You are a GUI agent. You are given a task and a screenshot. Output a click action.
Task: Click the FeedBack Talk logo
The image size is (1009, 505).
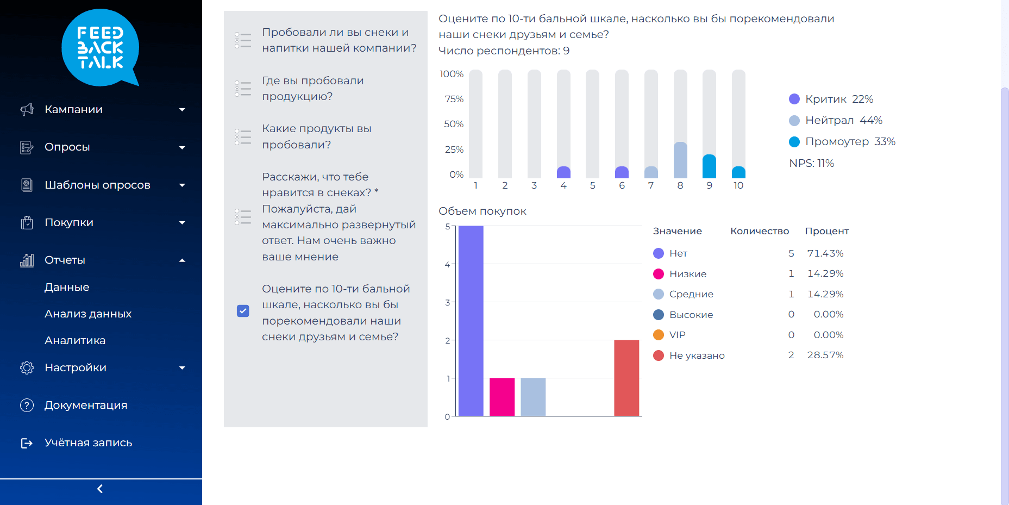(101, 48)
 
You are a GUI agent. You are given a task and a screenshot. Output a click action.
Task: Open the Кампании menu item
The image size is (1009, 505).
(73, 109)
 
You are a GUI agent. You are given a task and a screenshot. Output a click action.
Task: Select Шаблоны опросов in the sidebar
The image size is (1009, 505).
(97, 185)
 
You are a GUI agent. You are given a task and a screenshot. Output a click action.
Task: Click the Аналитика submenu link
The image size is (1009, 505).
(75, 340)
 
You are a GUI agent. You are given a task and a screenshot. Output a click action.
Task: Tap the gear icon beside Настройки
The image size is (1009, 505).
(27, 367)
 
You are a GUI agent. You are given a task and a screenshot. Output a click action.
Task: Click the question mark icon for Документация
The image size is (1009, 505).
(27, 405)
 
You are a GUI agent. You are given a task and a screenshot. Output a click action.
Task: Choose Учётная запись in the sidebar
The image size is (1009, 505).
(88, 442)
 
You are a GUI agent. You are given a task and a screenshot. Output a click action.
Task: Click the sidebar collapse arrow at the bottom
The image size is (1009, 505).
(100, 489)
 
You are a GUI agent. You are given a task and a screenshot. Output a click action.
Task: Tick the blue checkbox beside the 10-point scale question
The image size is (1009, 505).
(243, 311)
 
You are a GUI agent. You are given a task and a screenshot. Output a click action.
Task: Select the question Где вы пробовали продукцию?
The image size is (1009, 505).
(313, 89)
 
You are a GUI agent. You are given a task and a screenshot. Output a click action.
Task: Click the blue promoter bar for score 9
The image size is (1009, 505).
(709, 167)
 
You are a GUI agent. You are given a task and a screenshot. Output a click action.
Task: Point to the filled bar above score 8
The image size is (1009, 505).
(680, 160)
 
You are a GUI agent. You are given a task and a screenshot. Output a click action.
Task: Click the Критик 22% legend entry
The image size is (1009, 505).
(831, 99)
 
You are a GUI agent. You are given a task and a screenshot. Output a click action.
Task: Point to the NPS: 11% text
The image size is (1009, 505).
(811, 163)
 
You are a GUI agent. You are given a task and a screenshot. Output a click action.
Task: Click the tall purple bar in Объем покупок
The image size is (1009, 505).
(471, 321)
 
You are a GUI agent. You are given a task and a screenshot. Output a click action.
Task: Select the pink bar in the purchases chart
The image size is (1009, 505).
(502, 397)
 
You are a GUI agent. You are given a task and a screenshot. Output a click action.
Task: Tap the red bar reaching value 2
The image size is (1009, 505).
(626, 378)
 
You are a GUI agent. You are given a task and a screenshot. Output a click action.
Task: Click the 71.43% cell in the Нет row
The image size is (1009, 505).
(825, 253)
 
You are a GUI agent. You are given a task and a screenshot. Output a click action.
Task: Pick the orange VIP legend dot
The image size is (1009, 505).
(659, 335)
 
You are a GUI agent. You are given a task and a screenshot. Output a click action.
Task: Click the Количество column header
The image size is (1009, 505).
(759, 231)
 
